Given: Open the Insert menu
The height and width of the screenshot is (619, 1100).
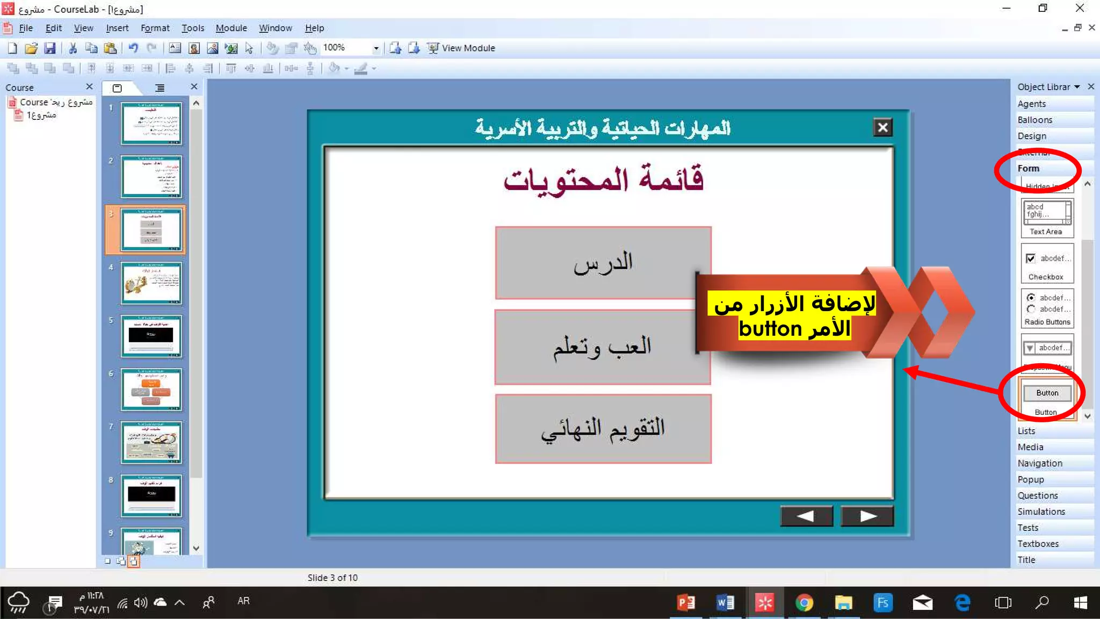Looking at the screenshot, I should coord(117,28).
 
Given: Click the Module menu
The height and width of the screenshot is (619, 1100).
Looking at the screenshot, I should coord(231,28).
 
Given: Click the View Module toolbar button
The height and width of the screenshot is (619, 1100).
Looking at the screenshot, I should coord(461,48).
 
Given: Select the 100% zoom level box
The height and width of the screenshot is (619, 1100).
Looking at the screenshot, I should coord(346,48).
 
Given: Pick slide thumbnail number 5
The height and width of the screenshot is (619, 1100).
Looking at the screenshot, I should coord(151,336).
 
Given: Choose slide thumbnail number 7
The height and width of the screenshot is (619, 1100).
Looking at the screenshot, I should coord(151,442).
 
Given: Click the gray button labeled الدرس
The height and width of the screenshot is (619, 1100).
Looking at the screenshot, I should coord(603,263).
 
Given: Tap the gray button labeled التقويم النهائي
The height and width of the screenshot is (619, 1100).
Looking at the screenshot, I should coord(603,428).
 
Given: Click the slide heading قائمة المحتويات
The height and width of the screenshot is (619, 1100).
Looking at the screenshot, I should coord(603,179).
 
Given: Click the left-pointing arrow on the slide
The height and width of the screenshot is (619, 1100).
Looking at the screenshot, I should coord(806,516).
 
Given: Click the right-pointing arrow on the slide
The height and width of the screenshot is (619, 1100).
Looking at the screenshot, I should coord(867,516).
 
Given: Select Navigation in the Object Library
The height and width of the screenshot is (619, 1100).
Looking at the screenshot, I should coord(1040,463).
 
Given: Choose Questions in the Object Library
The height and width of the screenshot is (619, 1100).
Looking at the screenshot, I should coord(1038,495).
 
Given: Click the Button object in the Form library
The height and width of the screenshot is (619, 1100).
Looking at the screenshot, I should coord(1047,398).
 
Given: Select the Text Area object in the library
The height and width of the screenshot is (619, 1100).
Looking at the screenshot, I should coord(1046,218).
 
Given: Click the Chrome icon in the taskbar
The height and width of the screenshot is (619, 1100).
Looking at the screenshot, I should coord(804,602).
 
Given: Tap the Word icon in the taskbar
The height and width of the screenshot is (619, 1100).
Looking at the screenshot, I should coord(725,602).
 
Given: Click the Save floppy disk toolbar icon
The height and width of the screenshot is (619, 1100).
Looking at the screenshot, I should coord(50,48).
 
